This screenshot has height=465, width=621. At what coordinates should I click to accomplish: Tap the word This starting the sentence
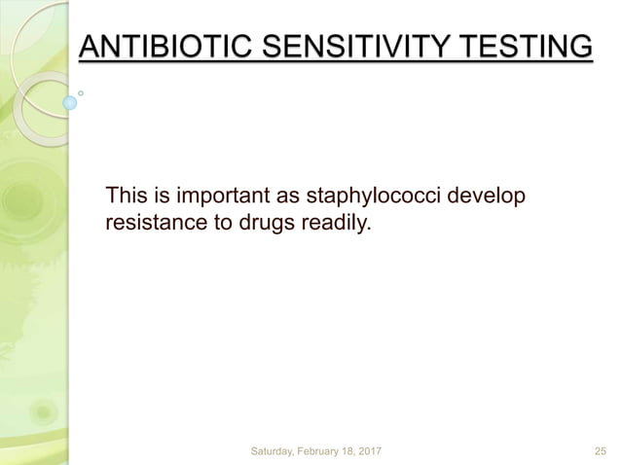pos(127,197)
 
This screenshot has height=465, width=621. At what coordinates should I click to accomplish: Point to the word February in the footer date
pos(334,451)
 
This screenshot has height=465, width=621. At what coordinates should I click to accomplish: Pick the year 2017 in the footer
pos(393,451)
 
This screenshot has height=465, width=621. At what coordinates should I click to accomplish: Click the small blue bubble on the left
pos(70,101)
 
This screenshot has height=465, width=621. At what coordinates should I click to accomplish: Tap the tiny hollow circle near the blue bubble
pos(82,93)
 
